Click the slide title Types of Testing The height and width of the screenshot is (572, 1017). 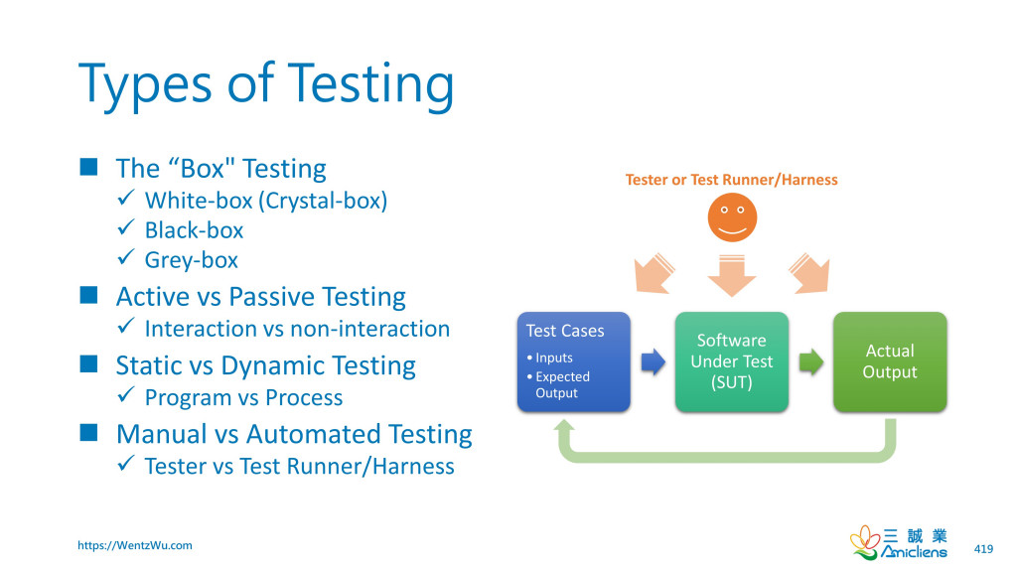click(x=266, y=84)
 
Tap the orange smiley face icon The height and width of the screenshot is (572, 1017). click(x=732, y=216)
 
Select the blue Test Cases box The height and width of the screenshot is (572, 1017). click(x=573, y=361)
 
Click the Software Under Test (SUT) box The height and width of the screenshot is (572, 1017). click(x=731, y=361)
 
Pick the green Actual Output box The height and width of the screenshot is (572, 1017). click(x=889, y=361)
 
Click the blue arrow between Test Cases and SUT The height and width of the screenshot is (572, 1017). click(x=653, y=361)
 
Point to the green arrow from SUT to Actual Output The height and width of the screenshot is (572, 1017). click(x=810, y=361)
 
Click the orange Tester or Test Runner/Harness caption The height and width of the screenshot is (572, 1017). click(x=731, y=180)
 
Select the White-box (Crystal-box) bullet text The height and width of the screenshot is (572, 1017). click(x=265, y=201)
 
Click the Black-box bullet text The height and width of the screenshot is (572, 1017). click(x=194, y=230)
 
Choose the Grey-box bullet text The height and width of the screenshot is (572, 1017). click(x=192, y=260)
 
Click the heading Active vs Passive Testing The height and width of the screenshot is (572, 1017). click(x=260, y=297)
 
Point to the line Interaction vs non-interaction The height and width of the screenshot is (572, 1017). click(x=297, y=329)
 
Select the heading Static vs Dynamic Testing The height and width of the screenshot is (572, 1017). click(x=265, y=365)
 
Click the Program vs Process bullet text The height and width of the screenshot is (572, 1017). click(x=243, y=397)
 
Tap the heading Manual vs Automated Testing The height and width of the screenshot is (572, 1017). click(x=293, y=434)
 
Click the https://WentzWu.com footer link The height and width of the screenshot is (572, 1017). click(x=135, y=545)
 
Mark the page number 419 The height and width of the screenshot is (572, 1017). click(x=983, y=549)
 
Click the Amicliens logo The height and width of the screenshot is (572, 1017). click(x=899, y=541)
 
